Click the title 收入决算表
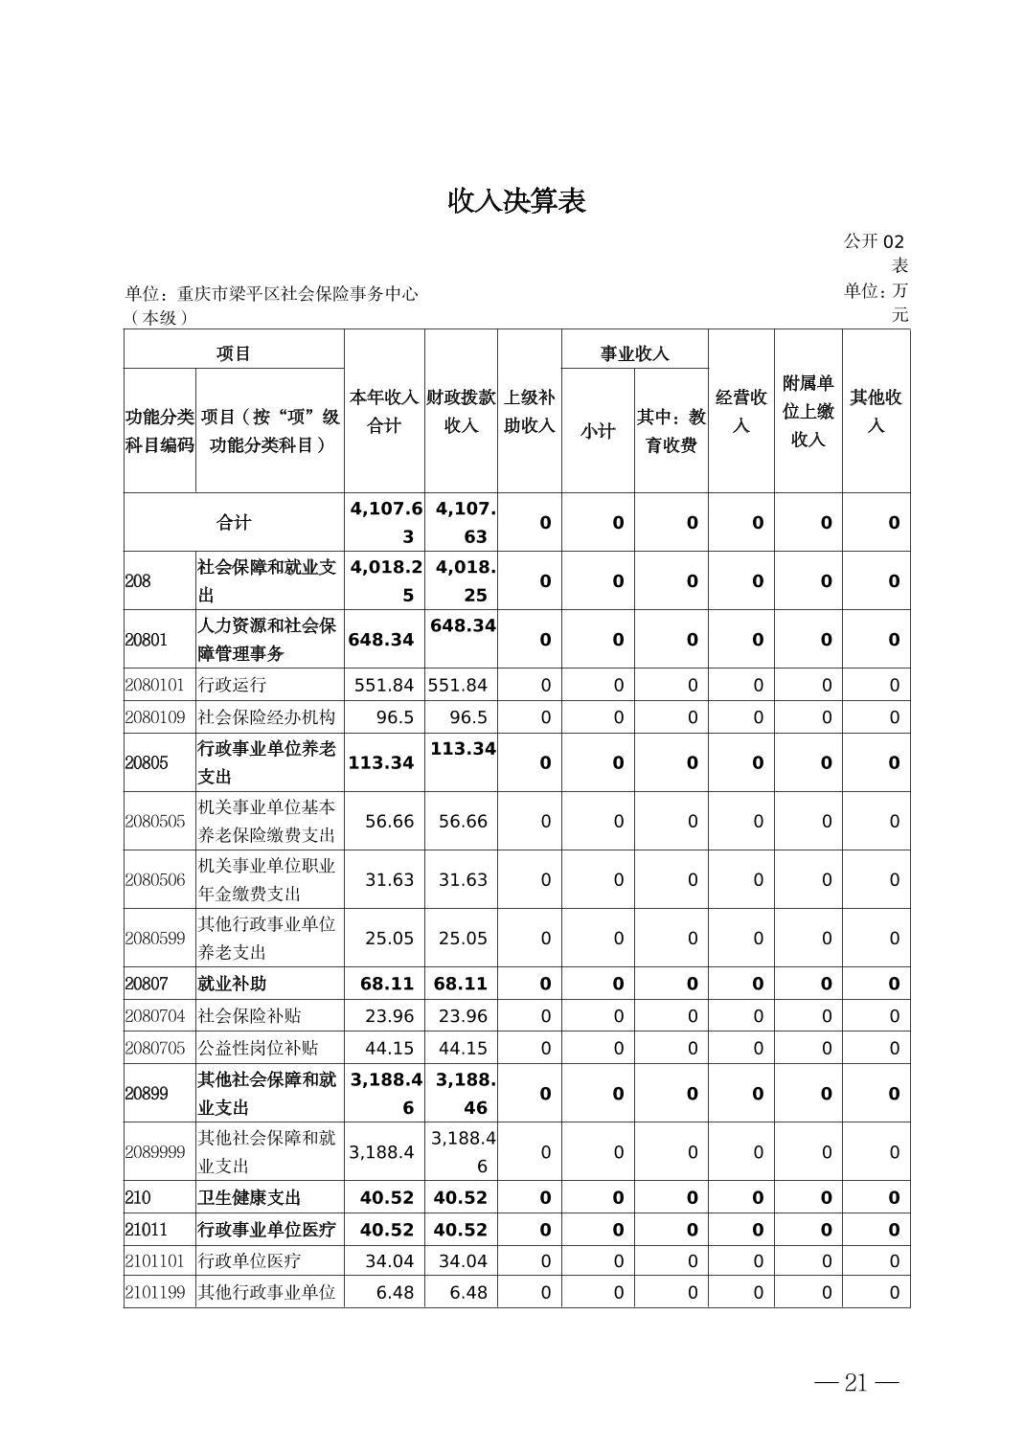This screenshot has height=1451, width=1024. [x=516, y=201]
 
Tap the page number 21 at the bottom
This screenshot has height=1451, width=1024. [x=855, y=1382]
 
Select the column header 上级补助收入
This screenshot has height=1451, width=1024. [x=529, y=411]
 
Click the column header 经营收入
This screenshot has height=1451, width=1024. [x=740, y=411]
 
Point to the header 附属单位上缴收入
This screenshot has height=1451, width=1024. [x=808, y=411]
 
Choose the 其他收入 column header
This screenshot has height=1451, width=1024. [x=876, y=411]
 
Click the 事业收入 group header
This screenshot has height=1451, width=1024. [x=634, y=353]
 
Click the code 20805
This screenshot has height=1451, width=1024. [x=147, y=762]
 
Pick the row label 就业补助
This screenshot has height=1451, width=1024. [x=232, y=984]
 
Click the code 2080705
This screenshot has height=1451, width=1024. [x=155, y=1048]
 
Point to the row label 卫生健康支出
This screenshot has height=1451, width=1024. [x=249, y=1197]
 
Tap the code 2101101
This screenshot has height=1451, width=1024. [x=155, y=1260]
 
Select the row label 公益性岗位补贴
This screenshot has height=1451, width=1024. [x=258, y=1048]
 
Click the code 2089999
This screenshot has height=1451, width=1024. [x=155, y=1151]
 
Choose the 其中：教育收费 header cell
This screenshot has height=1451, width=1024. [x=671, y=431]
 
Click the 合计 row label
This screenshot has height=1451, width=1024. [x=234, y=522]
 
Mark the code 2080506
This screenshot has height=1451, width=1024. [x=155, y=879]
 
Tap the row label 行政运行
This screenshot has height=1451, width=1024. [x=232, y=685]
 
